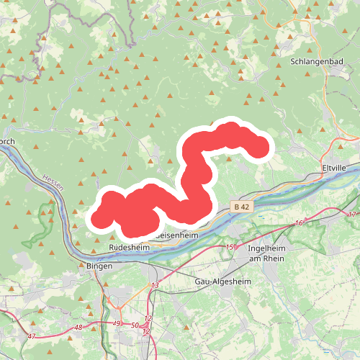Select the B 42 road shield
(x=241, y=207)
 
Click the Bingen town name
(x=99, y=266)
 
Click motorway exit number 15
(x=230, y=248)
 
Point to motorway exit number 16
(x=297, y=224)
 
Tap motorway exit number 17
(x=352, y=215)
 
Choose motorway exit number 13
(x=154, y=286)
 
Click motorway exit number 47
(x=31, y=336)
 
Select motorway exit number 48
(x=78, y=328)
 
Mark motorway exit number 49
(x=117, y=323)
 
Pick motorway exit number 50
(x=135, y=326)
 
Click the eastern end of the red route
(x=258, y=149)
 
